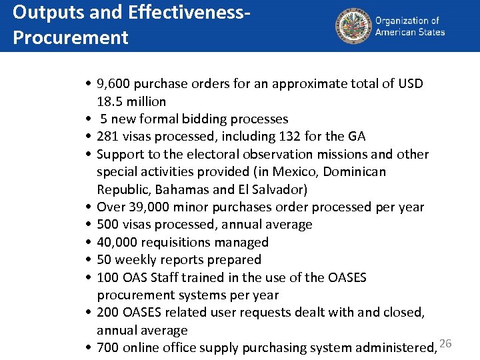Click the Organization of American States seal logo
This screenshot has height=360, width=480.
point(352,26)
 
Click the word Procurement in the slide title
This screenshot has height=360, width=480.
point(70,37)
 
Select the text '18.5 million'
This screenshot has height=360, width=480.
point(131,101)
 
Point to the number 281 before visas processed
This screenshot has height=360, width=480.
point(108,137)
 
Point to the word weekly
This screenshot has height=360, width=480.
point(137,260)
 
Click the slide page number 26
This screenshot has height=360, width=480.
point(446,343)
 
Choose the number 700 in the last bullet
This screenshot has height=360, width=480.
point(108,348)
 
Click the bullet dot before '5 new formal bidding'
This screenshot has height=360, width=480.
point(88,119)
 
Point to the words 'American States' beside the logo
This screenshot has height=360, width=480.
point(410,32)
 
